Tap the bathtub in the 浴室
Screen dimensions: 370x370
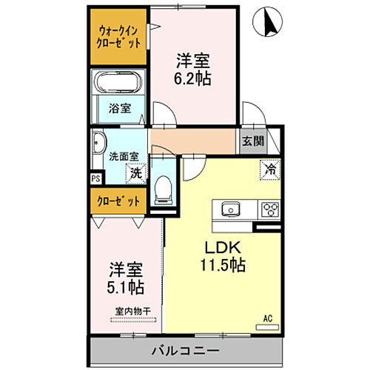118,85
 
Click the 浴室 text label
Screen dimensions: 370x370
119,108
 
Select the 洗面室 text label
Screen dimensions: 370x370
121,156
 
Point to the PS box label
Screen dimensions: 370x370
95,178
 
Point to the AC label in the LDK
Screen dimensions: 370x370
267,319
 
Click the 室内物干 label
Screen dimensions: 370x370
132,312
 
